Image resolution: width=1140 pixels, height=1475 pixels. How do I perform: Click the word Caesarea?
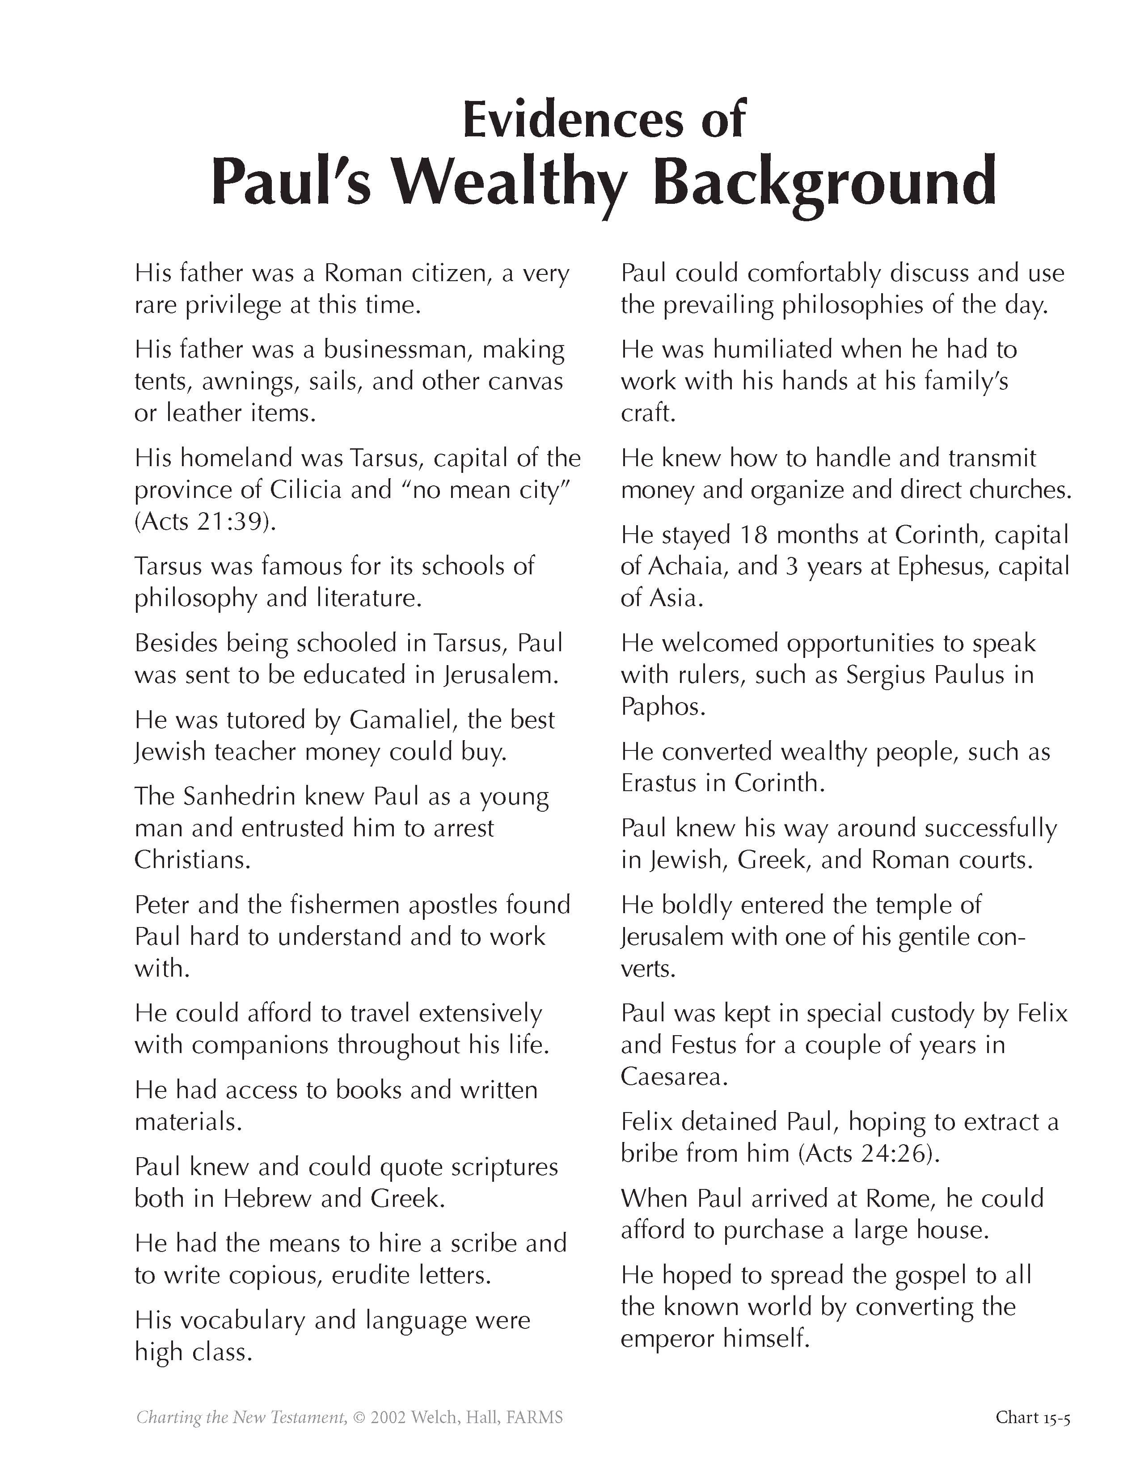tap(673, 1077)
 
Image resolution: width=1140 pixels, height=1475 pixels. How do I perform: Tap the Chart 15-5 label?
tap(1032, 1416)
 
